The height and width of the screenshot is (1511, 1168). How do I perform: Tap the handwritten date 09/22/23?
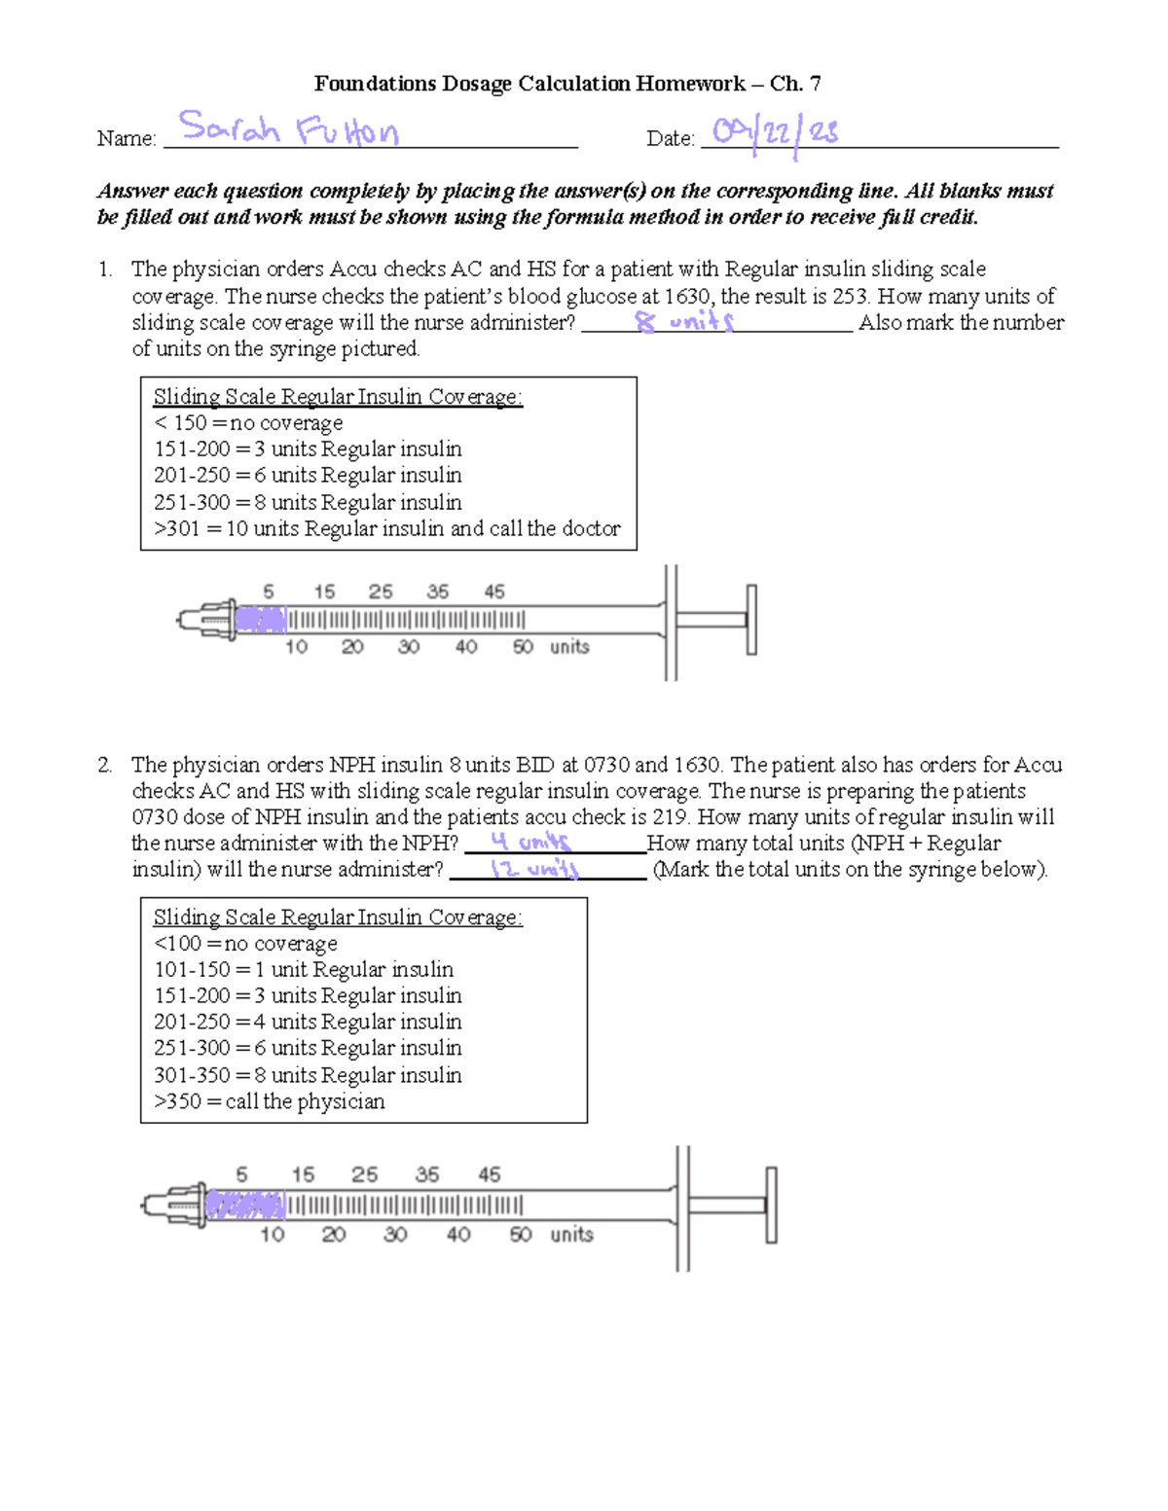(x=775, y=132)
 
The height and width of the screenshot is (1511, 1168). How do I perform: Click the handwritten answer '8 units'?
(x=684, y=321)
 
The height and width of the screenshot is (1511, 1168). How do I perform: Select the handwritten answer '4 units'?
(x=530, y=842)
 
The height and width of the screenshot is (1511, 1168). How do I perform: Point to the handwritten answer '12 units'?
(x=534, y=869)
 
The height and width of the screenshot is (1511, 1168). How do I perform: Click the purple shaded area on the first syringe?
(x=261, y=620)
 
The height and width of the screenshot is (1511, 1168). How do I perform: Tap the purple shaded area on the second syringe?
(x=245, y=1205)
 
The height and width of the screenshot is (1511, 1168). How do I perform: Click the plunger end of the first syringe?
(x=750, y=620)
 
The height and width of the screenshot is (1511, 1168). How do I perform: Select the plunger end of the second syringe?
(x=771, y=1205)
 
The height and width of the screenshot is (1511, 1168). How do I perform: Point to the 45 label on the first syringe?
(x=494, y=592)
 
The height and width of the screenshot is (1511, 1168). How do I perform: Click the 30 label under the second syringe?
(x=395, y=1235)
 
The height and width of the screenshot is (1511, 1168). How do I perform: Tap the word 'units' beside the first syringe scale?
(x=569, y=647)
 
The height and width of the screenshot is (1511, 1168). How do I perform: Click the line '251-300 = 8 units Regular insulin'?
(x=308, y=502)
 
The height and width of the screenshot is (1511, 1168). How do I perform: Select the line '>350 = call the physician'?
(x=270, y=1101)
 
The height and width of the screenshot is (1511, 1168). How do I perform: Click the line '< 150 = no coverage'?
(x=248, y=423)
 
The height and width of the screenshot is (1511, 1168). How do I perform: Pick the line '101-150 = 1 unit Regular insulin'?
(x=304, y=969)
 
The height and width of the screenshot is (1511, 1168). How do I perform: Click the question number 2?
(x=104, y=765)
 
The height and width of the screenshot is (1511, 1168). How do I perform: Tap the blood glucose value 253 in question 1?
(x=846, y=296)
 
